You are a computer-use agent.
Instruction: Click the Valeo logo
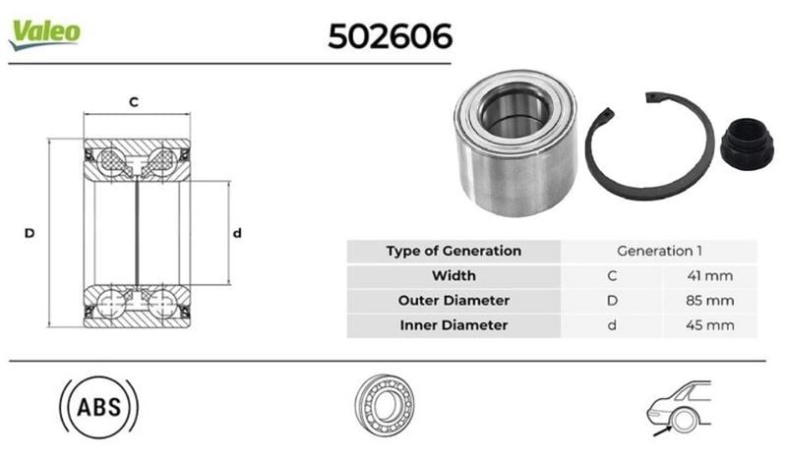pos(44,35)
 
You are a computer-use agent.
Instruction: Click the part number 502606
pos(390,36)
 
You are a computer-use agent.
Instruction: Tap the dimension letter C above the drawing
pos(134,102)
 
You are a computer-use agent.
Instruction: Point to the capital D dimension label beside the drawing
pos(30,233)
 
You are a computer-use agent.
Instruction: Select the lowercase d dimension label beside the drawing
pos(237,233)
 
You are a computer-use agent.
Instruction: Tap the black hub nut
pos(747,144)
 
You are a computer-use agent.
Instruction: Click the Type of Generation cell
pos(454,251)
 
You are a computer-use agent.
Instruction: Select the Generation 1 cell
pos(659,251)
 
